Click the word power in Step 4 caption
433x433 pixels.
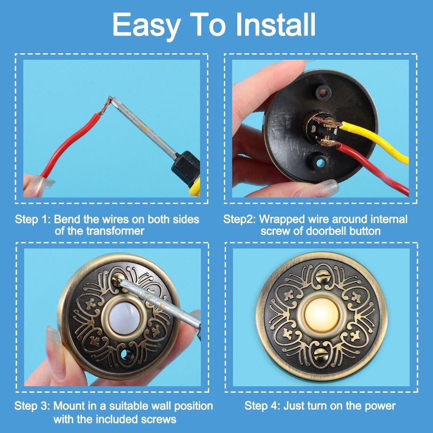point(378,406)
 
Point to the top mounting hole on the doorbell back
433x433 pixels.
point(322,91)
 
